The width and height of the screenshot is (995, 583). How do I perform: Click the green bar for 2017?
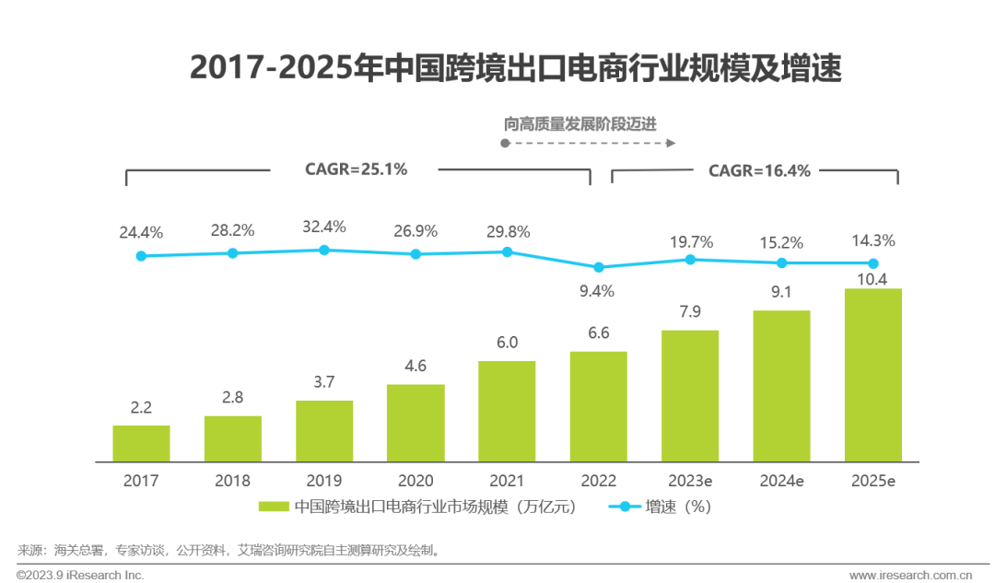(x=141, y=443)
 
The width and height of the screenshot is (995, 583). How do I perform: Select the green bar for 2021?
(x=507, y=411)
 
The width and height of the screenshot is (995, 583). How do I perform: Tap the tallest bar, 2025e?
(x=872, y=375)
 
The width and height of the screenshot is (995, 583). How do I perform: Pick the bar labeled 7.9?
(x=690, y=396)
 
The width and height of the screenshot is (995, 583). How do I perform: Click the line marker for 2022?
(x=599, y=267)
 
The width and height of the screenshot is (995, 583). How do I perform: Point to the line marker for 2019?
(x=323, y=250)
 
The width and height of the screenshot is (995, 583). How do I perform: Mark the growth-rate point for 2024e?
(x=781, y=262)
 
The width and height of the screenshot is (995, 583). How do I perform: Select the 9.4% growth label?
(x=596, y=291)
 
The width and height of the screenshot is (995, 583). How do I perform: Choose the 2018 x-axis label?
(x=232, y=481)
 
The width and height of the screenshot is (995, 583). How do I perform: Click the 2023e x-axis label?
(x=690, y=481)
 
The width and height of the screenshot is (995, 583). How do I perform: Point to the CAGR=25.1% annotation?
(x=356, y=169)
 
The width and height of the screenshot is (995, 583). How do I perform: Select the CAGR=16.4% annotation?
(x=759, y=170)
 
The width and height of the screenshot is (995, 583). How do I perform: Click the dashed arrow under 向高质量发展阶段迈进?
(x=590, y=144)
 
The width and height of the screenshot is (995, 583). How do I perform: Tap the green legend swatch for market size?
(x=275, y=507)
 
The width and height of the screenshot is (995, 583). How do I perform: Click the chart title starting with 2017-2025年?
(x=515, y=69)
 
